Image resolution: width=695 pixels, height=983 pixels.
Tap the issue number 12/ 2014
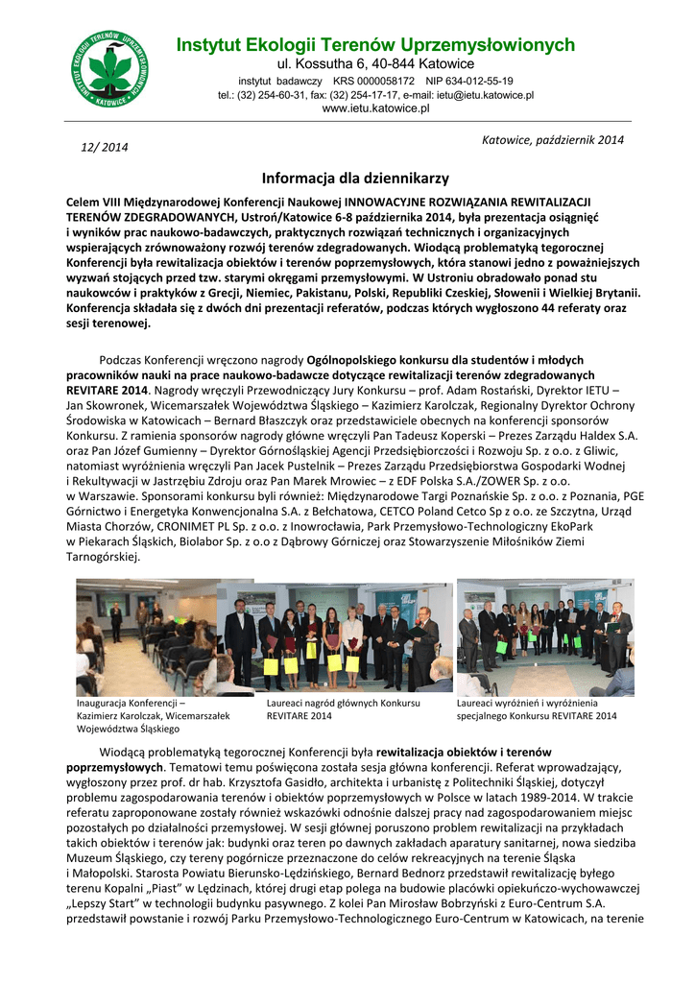click(104, 147)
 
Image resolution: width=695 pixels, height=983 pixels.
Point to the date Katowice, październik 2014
click(552, 140)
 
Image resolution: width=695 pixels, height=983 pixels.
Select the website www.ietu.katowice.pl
click(375, 108)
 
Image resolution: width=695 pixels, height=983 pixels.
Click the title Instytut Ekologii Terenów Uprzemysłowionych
click(375, 45)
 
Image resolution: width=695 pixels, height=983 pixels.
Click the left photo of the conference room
click(145, 635)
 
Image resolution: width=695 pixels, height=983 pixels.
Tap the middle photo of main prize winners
click(334, 635)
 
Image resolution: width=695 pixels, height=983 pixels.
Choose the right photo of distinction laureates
click(544, 636)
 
